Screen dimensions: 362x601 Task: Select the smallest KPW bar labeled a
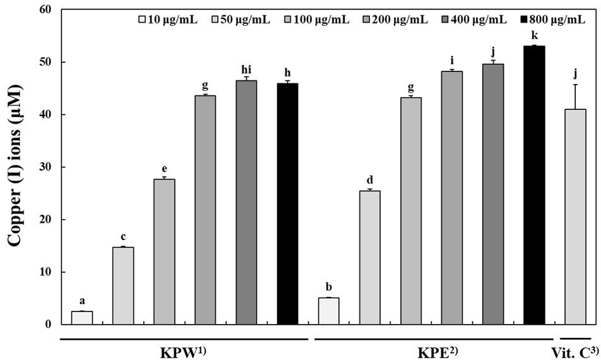81,318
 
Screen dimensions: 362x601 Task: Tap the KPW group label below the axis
183,351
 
